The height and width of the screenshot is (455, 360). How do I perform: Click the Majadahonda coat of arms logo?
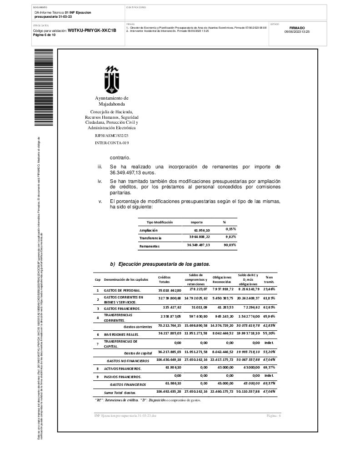pos(111,80)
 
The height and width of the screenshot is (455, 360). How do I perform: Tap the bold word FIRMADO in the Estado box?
pos(297,28)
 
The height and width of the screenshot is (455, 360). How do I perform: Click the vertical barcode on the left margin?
pos(44,88)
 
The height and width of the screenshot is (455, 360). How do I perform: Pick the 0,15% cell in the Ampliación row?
pos(230,229)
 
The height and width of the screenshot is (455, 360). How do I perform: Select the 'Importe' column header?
pos(196,222)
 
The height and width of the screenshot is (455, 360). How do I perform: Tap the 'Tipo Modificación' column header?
pos(160,222)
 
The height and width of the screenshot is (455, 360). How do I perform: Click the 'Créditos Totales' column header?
pos(164,279)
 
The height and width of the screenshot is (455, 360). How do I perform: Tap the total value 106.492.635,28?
pos(169,391)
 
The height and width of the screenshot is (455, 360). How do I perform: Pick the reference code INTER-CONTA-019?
pos(112,142)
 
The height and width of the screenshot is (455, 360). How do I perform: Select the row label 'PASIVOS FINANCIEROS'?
pos(123,377)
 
